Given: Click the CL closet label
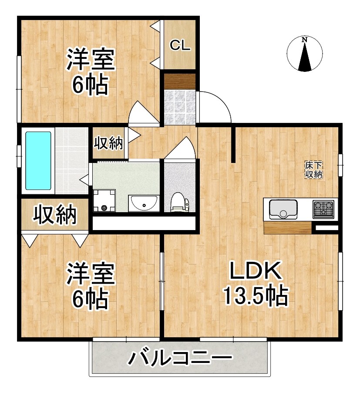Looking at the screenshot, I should click(180, 46).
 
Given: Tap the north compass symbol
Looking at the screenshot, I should click(305, 54).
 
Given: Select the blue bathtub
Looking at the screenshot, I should click(38, 160).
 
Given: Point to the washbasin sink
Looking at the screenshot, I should click(143, 203).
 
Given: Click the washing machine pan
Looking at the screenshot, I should click(104, 201).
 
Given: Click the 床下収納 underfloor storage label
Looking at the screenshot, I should click(313, 169).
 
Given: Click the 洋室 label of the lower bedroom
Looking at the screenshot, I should click(90, 274).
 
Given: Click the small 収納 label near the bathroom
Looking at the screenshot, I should click(108, 143).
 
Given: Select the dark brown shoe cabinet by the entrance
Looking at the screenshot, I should click(179, 81).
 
